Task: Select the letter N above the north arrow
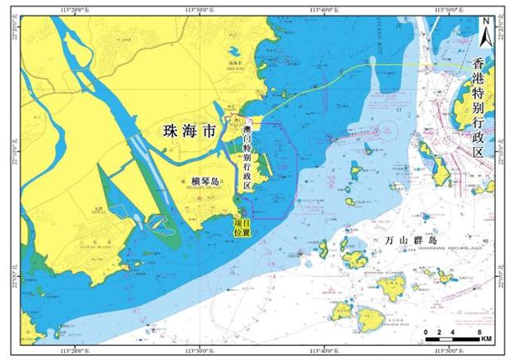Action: tap(486, 21)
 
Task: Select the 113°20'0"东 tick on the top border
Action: tap(70, 10)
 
